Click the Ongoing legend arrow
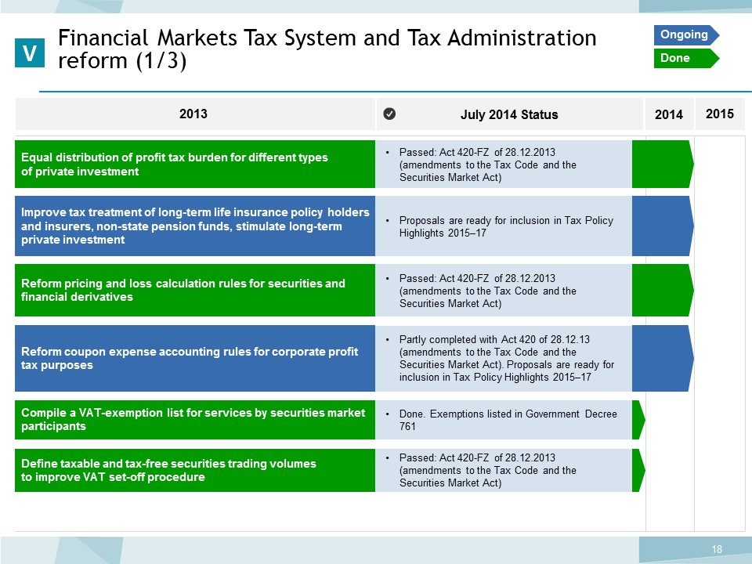pyautogui.click(x=686, y=35)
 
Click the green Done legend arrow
pyautogui.click(x=686, y=58)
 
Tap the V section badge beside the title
pyautogui.click(x=30, y=52)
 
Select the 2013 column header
pyautogui.click(x=193, y=114)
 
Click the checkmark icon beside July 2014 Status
pyautogui.click(x=389, y=114)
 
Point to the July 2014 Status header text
pyautogui.click(x=509, y=114)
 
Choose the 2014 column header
pyautogui.click(x=669, y=114)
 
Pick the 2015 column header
pyautogui.click(x=720, y=114)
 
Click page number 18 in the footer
pyautogui.click(x=717, y=549)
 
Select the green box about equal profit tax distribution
pyautogui.click(x=195, y=164)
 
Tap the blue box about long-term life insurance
pyautogui.click(x=195, y=226)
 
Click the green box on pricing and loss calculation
pyautogui.click(x=195, y=290)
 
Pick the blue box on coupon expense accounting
pyautogui.click(x=195, y=358)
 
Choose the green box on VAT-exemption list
pyautogui.click(x=195, y=420)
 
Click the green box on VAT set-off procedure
pyautogui.click(x=195, y=471)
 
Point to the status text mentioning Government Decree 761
pyautogui.click(x=508, y=420)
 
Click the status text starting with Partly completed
pyautogui.click(x=507, y=358)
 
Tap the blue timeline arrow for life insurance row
pyautogui.click(x=663, y=226)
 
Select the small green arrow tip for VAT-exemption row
pyautogui.click(x=639, y=420)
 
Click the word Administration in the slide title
pyautogui.click(x=522, y=38)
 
